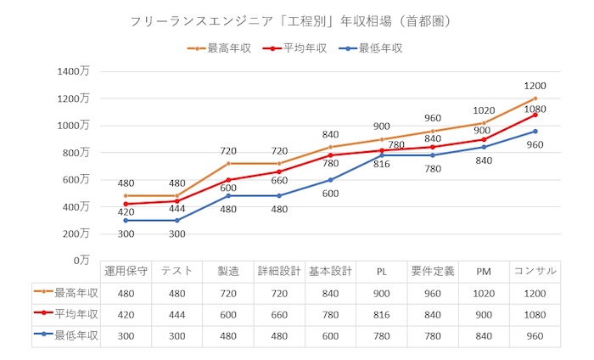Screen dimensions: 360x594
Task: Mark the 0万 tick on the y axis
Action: pos(81,259)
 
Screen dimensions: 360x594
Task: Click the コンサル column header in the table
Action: pos(535,271)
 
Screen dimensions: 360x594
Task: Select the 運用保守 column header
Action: pos(126,271)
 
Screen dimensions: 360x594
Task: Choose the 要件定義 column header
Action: pos(433,271)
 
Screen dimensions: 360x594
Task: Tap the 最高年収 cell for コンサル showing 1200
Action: pos(535,293)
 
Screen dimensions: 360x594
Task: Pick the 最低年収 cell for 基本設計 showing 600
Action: pos(329,335)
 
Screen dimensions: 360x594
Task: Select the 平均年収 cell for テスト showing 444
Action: pos(177,314)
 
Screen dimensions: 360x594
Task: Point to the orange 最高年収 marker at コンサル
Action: pos(535,98)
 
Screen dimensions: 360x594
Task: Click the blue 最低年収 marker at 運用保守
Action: pos(126,220)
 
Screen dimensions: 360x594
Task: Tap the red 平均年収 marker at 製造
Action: pos(228,180)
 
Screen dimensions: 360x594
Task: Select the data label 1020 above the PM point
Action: pos(484,110)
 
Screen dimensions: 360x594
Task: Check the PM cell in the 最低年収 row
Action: pos(484,335)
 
